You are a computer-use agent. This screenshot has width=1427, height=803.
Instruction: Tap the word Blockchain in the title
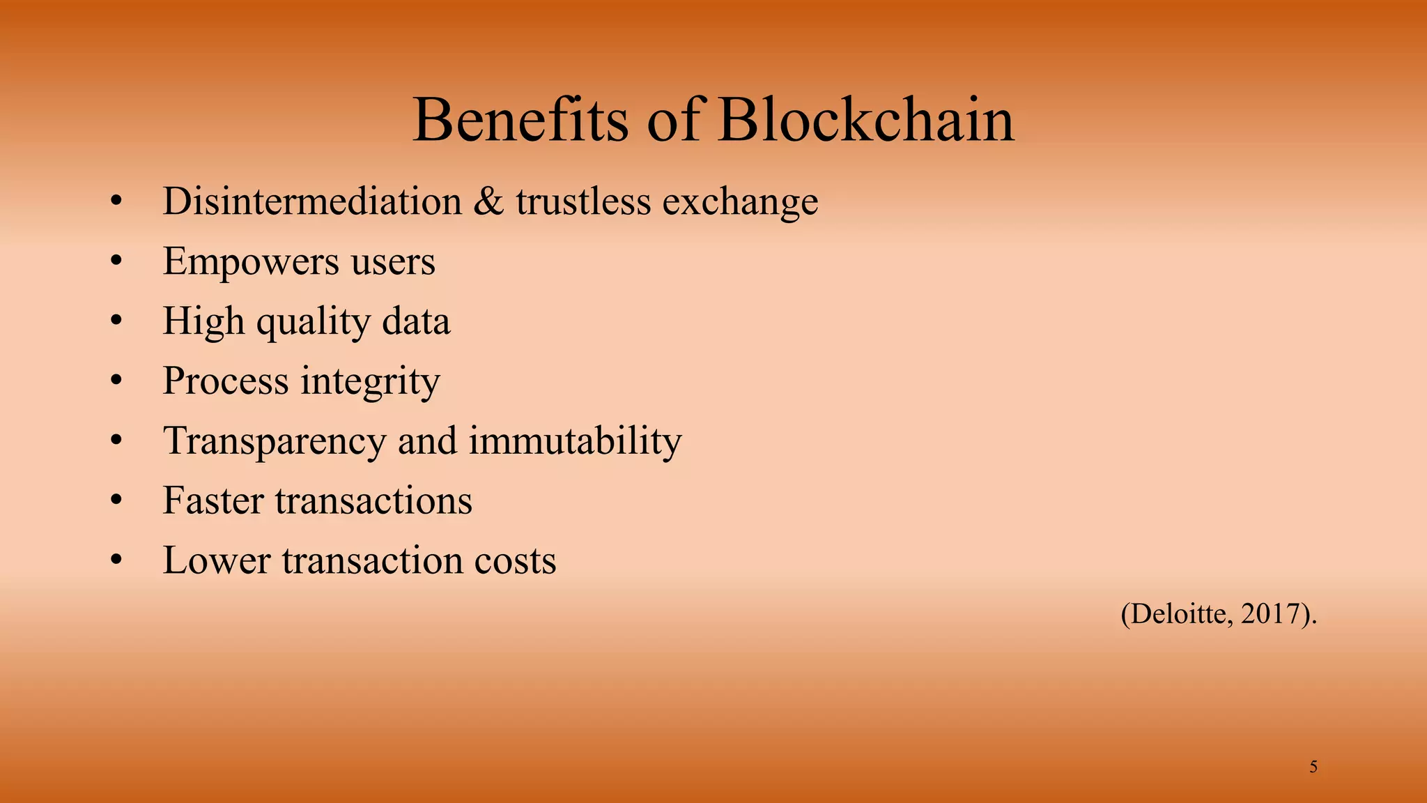(x=865, y=120)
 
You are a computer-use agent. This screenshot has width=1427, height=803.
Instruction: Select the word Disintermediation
(x=312, y=201)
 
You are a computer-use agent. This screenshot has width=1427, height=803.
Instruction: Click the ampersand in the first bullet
(x=488, y=201)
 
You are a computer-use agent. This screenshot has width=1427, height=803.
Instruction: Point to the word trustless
(x=583, y=201)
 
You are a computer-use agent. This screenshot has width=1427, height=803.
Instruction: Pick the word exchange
(x=740, y=203)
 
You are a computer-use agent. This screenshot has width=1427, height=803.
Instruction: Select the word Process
(x=226, y=381)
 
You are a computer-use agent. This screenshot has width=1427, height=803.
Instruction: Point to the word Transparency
(x=275, y=442)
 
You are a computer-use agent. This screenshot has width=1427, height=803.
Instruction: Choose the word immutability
(x=575, y=442)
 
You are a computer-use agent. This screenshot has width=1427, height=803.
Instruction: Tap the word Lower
(x=216, y=560)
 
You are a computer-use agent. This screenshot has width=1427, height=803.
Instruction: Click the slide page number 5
(x=1313, y=767)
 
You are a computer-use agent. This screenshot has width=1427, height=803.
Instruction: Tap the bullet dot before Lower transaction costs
(x=116, y=561)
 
